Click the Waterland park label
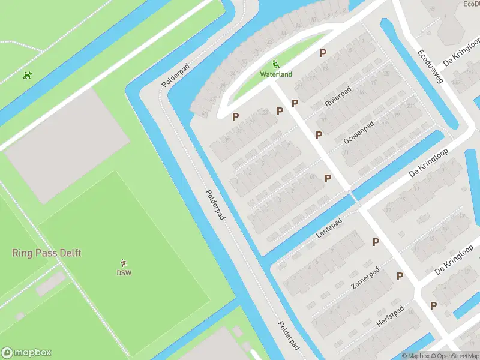tap(276, 74)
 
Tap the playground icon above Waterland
tap(276, 64)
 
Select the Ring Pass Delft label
tap(46, 253)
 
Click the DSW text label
tap(124, 273)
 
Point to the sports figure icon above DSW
tap(124, 263)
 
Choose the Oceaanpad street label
tap(359, 132)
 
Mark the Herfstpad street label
tap(390, 315)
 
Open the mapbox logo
tap(26, 353)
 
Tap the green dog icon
tap(27, 76)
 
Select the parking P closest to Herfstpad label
tap(433, 305)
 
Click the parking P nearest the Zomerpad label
tap(400, 276)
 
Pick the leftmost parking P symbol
tap(236, 116)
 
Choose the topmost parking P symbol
tap(323, 53)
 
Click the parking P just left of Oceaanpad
tap(319, 135)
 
